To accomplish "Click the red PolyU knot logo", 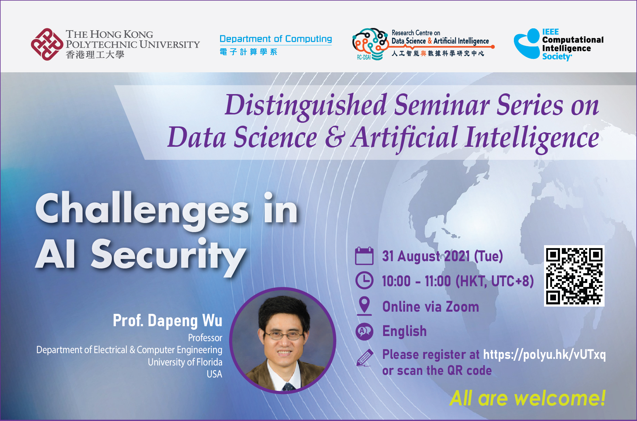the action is click(47, 44).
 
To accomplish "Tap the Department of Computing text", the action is click(276, 39).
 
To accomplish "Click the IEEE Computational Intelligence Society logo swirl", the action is click(527, 44).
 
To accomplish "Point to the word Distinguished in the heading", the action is click(306, 105).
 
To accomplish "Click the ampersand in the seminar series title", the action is click(333, 137).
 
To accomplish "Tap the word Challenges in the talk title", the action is click(142, 209).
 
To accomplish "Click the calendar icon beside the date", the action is click(364, 256).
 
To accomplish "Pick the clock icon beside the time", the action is click(364, 280).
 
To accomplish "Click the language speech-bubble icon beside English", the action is click(364, 331).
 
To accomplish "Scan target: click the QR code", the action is click(574, 276).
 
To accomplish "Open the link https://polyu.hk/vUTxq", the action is click(544, 355).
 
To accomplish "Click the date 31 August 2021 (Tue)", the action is click(442, 256).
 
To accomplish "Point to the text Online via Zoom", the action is click(431, 307).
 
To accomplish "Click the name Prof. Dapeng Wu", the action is click(167, 320).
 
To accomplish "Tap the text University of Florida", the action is click(185, 362).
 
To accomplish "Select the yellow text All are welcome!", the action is click(527, 398).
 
